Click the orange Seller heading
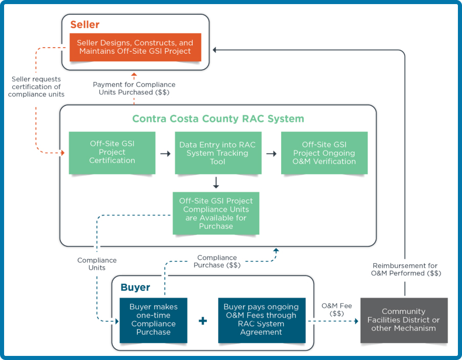pos(85,25)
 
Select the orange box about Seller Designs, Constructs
pos(134,47)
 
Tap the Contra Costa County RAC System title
pos(218,119)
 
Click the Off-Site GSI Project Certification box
pos(112,153)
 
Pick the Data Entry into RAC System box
pos(217,153)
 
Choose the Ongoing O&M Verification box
pos(324,153)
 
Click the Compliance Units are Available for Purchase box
pos(216,214)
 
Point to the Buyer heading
pos(135,288)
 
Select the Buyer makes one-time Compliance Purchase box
pos(153,320)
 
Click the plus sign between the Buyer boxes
pos(203,321)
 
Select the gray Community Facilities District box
pos(404,320)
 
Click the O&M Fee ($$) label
pos(332,309)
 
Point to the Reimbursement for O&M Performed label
pos(405,269)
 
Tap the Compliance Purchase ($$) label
pos(217,261)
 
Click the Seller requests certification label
pos(36,87)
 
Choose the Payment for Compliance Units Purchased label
pos(134,88)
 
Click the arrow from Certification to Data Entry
pos(165,153)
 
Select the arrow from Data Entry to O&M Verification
pos(271,153)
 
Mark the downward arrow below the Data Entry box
pos(216,182)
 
